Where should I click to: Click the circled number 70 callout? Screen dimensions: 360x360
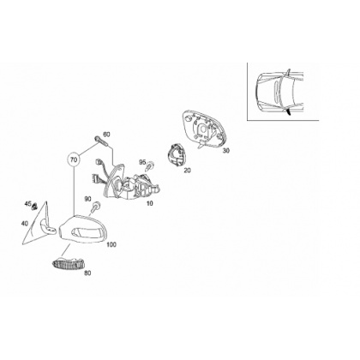[74, 159]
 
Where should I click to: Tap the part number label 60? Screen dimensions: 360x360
[106, 135]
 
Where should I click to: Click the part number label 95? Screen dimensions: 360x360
[142, 162]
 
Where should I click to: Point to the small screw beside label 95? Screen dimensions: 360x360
[150, 165]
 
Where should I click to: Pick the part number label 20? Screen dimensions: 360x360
[187, 171]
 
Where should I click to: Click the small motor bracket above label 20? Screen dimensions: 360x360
[176, 154]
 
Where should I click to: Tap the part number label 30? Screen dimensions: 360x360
[226, 151]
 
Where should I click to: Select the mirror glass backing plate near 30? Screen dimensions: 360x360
[204, 129]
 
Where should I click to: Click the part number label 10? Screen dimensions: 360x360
[149, 203]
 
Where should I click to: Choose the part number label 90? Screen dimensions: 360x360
[87, 199]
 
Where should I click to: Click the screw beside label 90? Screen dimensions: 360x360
[96, 207]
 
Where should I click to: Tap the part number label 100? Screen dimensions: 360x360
[111, 245]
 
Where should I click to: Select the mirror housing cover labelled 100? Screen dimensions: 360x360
[83, 228]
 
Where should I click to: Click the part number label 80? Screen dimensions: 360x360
[87, 273]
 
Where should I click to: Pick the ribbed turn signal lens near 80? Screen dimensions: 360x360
[69, 263]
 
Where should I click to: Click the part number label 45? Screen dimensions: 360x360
[27, 204]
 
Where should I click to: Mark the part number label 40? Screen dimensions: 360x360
[25, 224]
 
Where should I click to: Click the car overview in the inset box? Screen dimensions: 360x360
[279, 93]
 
